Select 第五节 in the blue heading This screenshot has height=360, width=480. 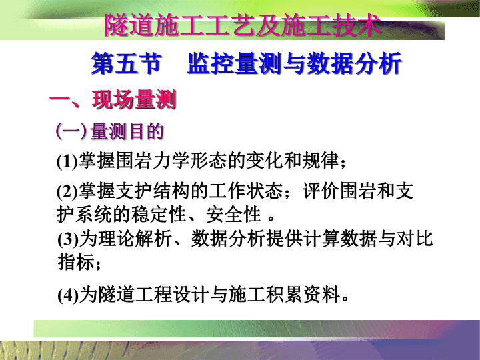click(126, 63)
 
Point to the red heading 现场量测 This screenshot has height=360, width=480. click(134, 99)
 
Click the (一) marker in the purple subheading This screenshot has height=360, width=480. click(71, 131)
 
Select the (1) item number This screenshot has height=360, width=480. click(67, 161)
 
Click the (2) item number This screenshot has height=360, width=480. click(67, 191)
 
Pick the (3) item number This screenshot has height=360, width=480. click(67, 239)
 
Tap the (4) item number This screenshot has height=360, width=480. click(67, 295)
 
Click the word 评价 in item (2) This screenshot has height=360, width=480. click(321, 191)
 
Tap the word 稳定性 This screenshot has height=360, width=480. click(159, 214)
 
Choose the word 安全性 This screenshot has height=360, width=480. click(233, 214)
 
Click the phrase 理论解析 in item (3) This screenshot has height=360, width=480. click(135, 239)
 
